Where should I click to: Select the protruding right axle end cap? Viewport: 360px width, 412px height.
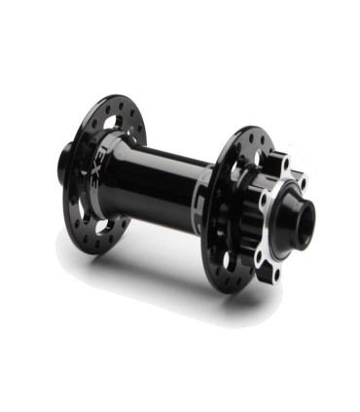point(293,226)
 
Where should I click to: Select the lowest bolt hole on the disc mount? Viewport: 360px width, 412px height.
point(276,274)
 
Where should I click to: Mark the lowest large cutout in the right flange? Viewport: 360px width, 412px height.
point(230,261)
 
